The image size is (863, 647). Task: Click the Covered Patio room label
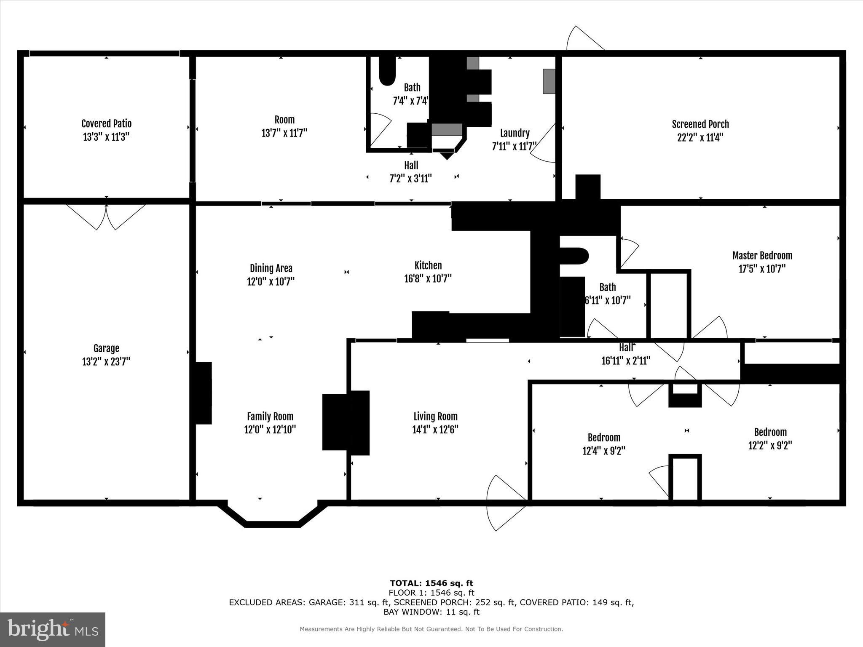tap(106, 123)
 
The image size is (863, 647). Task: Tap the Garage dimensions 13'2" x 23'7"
tap(106, 361)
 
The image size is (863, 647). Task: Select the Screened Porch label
tap(700, 124)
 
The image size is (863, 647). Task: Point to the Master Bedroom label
tap(762, 255)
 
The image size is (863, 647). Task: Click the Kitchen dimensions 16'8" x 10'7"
tap(428, 278)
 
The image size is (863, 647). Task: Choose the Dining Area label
tap(271, 268)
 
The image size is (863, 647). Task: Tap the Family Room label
tap(270, 416)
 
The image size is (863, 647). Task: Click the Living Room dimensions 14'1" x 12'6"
tap(435, 429)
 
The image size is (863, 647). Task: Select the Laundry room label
tap(515, 133)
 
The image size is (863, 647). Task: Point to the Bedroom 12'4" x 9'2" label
tap(604, 437)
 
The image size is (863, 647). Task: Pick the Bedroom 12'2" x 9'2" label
tap(770, 432)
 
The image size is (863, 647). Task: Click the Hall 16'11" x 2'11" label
tap(626, 348)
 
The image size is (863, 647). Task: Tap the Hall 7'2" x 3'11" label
tap(411, 165)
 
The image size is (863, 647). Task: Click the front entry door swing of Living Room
tap(506, 502)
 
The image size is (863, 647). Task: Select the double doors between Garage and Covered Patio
tap(106, 217)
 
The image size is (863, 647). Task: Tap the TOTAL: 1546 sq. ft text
tap(431, 583)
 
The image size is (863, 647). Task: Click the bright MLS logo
tap(53, 629)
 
